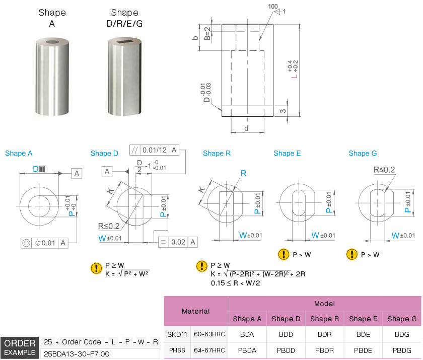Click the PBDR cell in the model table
[324, 350]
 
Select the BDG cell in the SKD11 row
[402, 334]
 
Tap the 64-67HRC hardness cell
[209, 350]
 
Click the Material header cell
[195, 311]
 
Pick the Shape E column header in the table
[363, 319]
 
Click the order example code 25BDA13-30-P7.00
[77, 354]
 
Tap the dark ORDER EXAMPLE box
[20, 348]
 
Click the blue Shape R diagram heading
[217, 153]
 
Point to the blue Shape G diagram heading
[363, 153]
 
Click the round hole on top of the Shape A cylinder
[52, 42]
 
